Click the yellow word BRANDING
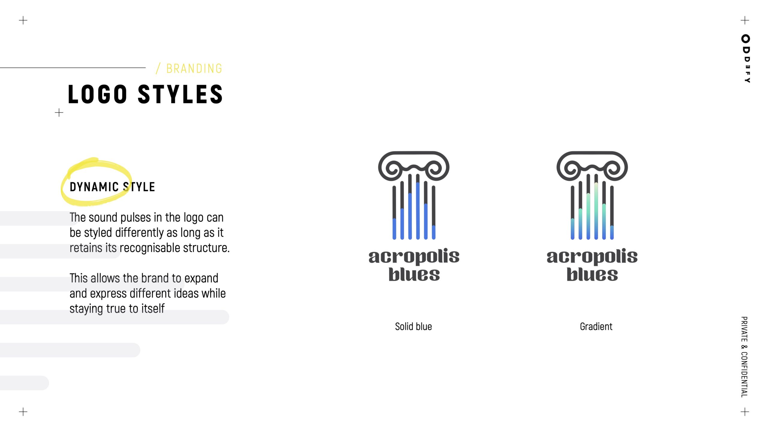[194, 69]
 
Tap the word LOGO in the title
[97, 94]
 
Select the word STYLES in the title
[180, 94]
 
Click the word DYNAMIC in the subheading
[94, 187]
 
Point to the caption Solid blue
[413, 326]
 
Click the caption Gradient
[596, 326]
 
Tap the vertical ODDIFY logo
[745, 58]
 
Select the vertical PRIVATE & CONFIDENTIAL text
[744, 357]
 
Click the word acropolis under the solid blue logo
[414, 256]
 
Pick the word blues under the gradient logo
[592, 274]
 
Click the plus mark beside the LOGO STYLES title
[59, 113]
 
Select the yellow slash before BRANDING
[158, 68]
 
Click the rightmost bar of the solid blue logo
[433, 212]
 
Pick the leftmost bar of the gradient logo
[572, 212]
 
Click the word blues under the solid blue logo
[414, 274]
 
